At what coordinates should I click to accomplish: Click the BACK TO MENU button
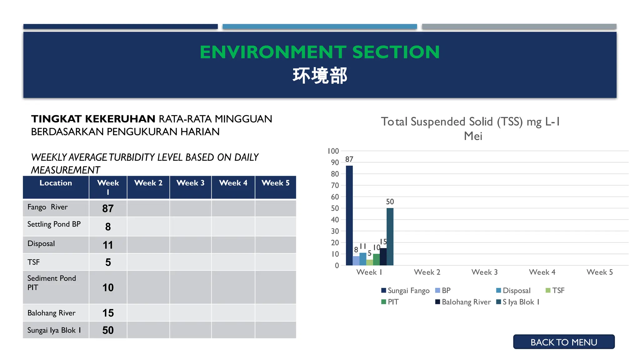point(563,342)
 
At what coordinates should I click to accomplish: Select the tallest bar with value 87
point(349,215)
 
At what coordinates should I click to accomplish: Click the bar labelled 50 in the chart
point(390,237)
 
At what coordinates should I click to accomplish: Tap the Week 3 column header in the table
point(190,183)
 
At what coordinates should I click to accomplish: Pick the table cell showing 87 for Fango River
point(108,208)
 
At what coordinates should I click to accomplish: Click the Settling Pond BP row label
point(54,224)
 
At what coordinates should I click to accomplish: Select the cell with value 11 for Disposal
point(108,245)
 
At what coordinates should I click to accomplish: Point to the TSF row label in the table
point(34,262)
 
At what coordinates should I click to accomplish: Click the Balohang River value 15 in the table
point(108,313)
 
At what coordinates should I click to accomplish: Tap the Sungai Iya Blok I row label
point(54,330)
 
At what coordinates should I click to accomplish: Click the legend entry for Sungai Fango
point(405,291)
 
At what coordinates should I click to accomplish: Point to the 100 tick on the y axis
point(333,151)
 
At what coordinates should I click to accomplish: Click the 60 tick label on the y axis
point(335,197)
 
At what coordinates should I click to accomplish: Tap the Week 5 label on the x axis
point(599,272)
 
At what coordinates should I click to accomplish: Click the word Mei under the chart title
point(473,136)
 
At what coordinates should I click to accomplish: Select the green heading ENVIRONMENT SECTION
point(320,52)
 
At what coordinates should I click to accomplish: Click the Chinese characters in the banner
point(320,76)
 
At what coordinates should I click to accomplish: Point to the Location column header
point(56,183)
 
